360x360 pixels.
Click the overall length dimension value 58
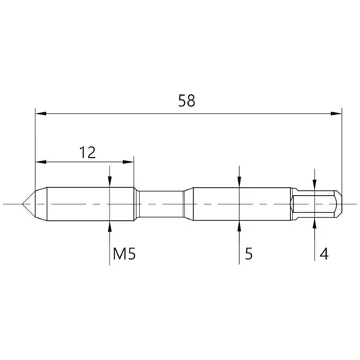186,101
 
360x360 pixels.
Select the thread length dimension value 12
87,153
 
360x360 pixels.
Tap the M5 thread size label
125,253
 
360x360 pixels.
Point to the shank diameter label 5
249,253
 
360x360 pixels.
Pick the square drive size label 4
324,253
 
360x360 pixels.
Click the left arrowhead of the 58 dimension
41,114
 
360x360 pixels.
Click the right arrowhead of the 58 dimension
336,114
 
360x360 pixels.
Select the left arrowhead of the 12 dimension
41,162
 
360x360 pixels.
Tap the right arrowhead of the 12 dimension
128,162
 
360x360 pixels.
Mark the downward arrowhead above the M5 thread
109,181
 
